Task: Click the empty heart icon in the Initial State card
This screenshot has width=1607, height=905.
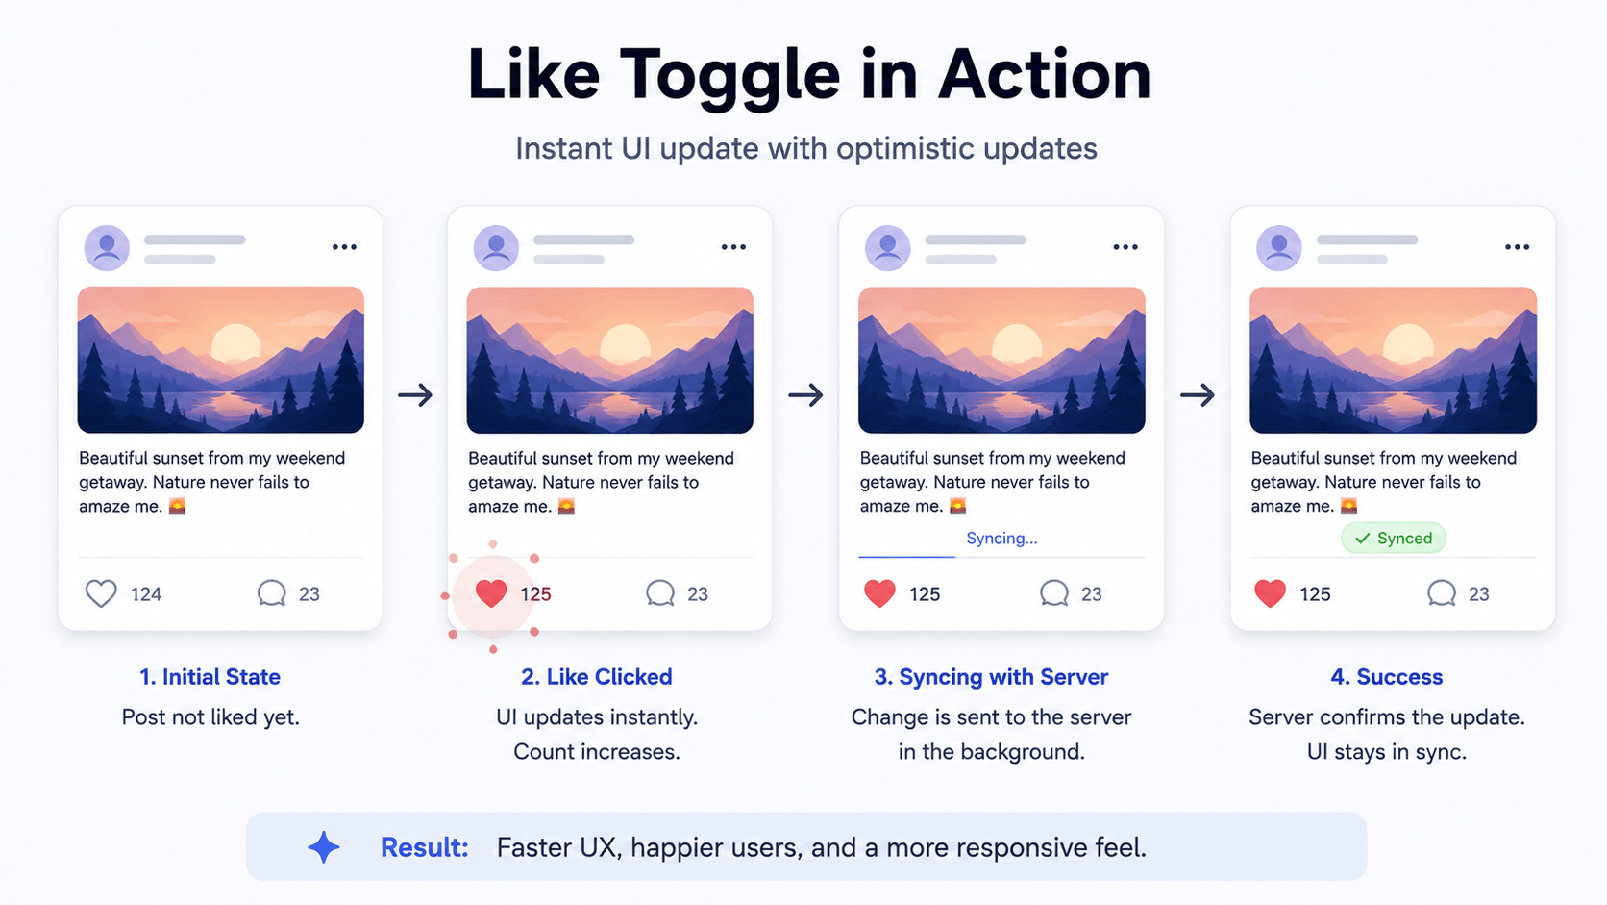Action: coord(101,593)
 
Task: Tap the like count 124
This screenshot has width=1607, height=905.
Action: coord(146,594)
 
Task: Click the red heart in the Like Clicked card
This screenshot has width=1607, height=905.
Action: coord(491,593)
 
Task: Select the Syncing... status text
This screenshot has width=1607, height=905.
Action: coord(1001,539)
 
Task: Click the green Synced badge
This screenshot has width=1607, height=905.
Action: coord(1394,539)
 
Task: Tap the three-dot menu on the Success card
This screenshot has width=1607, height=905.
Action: coord(1517,247)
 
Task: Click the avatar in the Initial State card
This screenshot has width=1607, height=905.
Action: coord(107,247)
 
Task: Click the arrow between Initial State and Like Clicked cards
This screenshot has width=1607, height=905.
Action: coord(415,394)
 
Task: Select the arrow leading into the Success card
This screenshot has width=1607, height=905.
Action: coord(1198,394)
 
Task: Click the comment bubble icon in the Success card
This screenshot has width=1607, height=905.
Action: coord(1442,593)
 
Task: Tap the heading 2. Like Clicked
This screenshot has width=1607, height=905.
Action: coord(597,677)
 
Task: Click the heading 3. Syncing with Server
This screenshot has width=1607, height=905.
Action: coord(992,677)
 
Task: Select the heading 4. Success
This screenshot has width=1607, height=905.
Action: coord(1387,677)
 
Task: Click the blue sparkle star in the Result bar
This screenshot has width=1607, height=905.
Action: coord(324,847)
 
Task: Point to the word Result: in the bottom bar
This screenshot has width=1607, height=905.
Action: coord(424,847)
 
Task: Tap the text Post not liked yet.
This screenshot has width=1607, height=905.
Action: coord(210,716)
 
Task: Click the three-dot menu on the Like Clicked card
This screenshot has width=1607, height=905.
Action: coord(733,247)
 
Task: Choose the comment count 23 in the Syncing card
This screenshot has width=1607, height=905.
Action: coord(1091,594)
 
